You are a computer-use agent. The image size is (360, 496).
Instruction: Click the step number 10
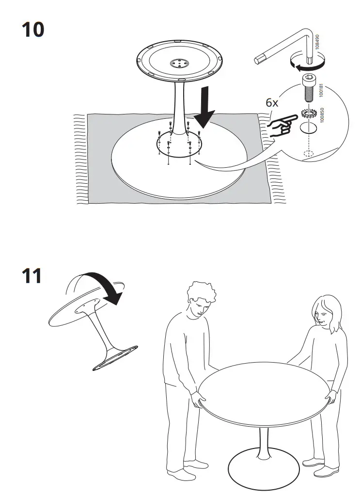[x=32, y=30]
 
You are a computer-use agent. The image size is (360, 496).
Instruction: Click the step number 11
[x=31, y=276]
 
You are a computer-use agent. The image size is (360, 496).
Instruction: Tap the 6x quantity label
[x=273, y=103]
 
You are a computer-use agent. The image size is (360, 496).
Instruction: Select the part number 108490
[x=317, y=43]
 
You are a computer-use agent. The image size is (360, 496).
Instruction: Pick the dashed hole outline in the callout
[x=307, y=155]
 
